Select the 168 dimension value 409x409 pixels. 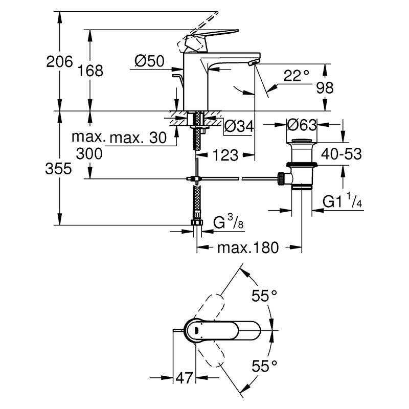pyautogui.click(x=92, y=70)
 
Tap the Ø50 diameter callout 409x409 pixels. pyautogui.click(x=149, y=62)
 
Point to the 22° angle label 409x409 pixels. pyautogui.click(x=297, y=76)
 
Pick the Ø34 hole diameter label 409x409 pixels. pyautogui.click(x=239, y=126)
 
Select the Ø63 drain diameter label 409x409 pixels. pyautogui.click(x=302, y=124)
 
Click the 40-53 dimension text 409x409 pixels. pyautogui.click(x=341, y=153)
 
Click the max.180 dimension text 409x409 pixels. pyautogui.click(x=248, y=248)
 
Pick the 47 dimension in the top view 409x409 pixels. pyautogui.click(x=184, y=378)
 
